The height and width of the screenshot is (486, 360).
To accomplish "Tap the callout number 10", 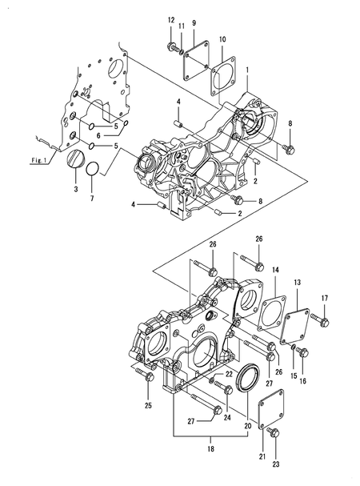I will coord(222,38).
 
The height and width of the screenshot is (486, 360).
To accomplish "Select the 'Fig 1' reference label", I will coord(40,161).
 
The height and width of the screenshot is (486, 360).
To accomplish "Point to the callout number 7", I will coord(93,198).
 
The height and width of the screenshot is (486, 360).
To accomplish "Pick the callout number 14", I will coord(274,271).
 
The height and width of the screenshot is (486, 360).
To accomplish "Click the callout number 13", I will coord(298,283).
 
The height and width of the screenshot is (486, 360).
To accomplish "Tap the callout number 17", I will coord(325,299).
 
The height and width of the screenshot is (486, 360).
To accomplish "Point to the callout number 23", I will coord(277,464).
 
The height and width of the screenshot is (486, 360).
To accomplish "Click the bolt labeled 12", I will coord(172,45).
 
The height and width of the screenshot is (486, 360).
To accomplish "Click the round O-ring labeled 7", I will coord(93,171).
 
